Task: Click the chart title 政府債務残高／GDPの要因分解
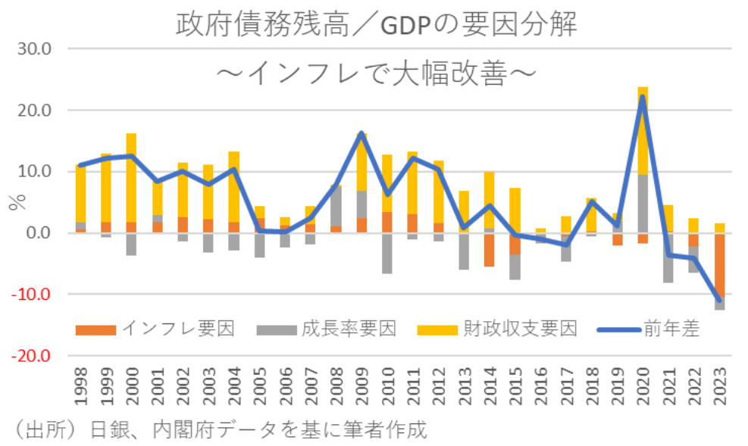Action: click(377, 24)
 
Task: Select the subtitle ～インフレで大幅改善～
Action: click(377, 73)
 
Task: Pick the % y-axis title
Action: click(14, 202)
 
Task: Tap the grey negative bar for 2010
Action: click(387, 253)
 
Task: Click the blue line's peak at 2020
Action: click(643, 96)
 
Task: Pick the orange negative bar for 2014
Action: click(490, 250)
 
